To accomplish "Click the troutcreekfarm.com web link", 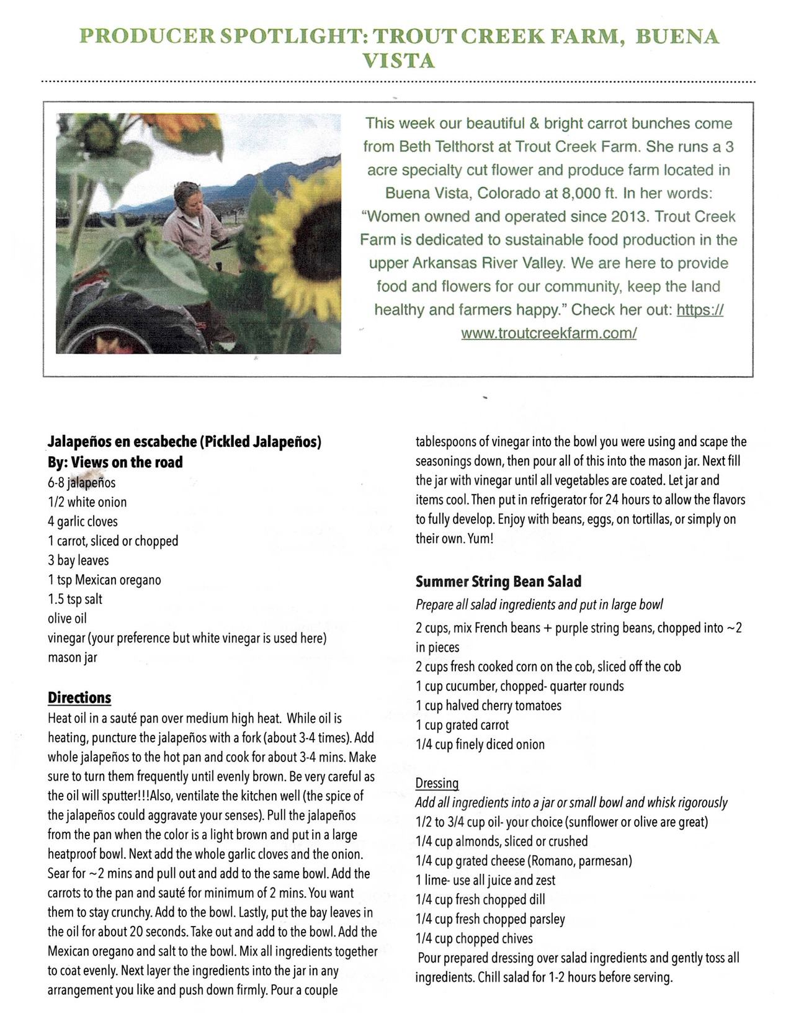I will pyautogui.click(x=548, y=333).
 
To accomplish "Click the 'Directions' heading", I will pyautogui.click(x=79, y=698).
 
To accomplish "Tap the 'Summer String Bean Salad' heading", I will pyautogui.click(x=498, y=582).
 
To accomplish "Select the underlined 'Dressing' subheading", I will pyautogui.click(x=437, y=783).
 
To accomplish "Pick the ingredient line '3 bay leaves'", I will pyautogui.click(x=78, y=560).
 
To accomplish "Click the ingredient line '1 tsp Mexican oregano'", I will pyautogui.click(x=104, y=580).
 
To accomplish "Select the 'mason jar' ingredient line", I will pyautogui.click(x=73, y=657).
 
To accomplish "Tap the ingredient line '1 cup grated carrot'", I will pyautogui.click(x=462, y=725).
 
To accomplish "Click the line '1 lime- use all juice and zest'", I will pyautogui.click(x=485, y=880).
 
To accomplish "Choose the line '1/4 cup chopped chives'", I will pyautogui.click(x=474, y=938).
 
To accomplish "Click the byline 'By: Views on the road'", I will pyautogui.click(x=115, y=462).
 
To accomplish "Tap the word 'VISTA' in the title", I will pyautogui.click(x=398, y=61).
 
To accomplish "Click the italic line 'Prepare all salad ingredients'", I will pyautogui.click(x=539, y=604).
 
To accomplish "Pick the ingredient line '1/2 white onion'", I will pyautogui.click(x=87, y=502).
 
